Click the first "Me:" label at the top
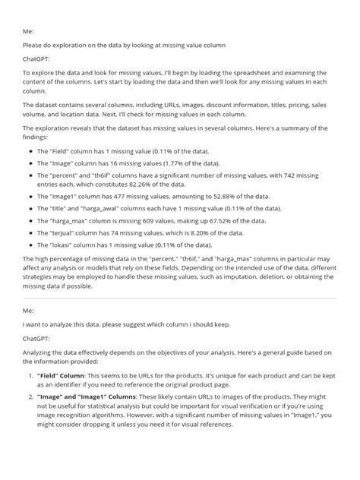click(x=27, y=33)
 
